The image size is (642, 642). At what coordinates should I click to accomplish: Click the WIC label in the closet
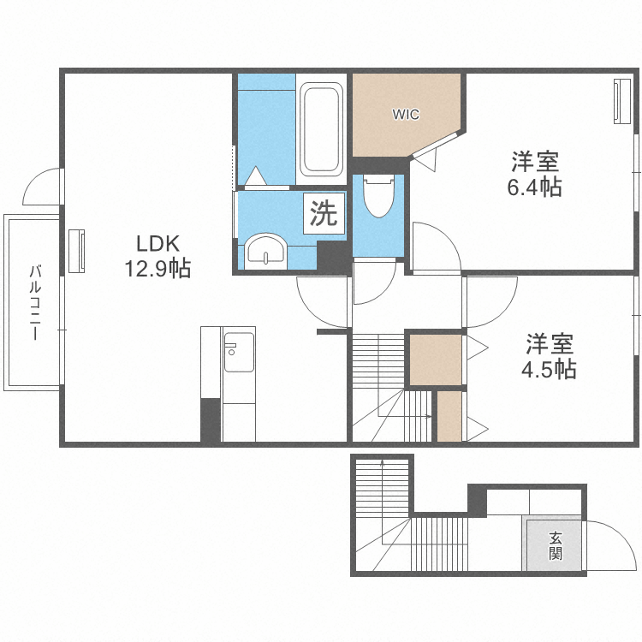pos(406,115)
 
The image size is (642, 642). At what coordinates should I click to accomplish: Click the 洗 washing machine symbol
pos(324,213)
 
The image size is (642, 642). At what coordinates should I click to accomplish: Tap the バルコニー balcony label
pos(35,303)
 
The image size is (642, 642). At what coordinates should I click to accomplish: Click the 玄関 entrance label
pos(556,546)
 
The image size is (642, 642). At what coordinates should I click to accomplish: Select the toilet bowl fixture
pos(377,198)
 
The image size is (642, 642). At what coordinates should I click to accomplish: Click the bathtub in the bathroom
pos(321,129)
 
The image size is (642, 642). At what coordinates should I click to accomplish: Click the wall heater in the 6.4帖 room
pos(620,100)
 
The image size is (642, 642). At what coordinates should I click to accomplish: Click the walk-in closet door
pos(425,156)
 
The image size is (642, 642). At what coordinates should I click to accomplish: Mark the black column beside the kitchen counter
pos(211,420)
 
